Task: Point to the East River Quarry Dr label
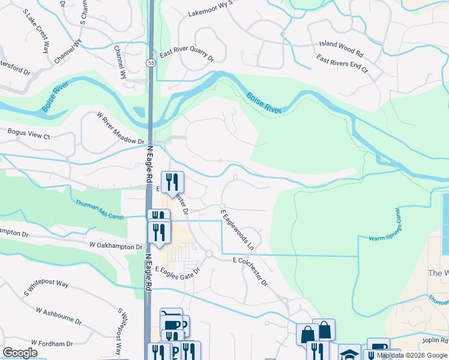[187, 57]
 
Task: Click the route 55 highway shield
[150, 63]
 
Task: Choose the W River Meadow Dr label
[121, 128]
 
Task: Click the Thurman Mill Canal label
[100, 210]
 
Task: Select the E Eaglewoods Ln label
[238, 229]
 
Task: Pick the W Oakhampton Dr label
[116, 246]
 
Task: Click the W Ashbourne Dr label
[58, 316]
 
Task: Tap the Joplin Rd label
[435, 341]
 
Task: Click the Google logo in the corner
[20, 353]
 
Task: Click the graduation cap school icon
[349, 353]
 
